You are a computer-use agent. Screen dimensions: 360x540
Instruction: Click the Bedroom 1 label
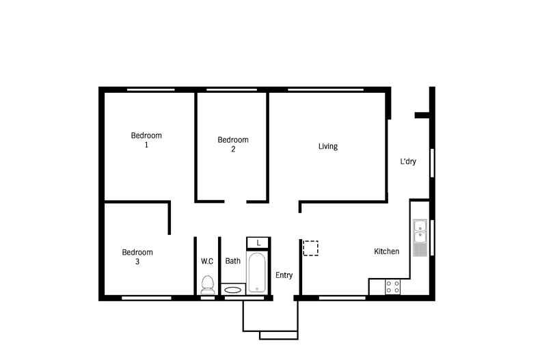[x=146, y=140]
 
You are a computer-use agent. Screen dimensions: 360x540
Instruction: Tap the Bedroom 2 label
[x=233, y=144]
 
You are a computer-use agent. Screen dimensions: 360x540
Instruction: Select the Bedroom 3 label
[x=137, y=257]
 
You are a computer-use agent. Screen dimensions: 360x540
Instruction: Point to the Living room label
[x=328, y=146]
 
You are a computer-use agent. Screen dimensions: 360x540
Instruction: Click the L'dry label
[x=409, y=162]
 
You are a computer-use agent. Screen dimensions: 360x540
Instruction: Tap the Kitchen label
[x=386, y=251]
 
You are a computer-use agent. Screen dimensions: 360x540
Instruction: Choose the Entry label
[x=284, y=275]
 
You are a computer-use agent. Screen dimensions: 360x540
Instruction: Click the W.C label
[x=207, y=260]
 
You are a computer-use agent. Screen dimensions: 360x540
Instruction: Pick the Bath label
[x=233, y=260]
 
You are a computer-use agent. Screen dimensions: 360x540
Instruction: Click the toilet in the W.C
[x=208, y=283]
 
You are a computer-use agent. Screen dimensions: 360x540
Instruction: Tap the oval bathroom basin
[x=232, y=290]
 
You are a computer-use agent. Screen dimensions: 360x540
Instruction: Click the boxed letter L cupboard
[x=258, y=243]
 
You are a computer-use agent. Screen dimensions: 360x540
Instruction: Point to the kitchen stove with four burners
[x=393, y=287]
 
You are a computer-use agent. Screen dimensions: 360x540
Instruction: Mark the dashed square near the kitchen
[x=311, y=247]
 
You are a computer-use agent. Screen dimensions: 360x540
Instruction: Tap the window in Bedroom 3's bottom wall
[x=146, y=298]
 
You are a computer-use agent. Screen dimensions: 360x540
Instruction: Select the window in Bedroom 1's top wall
[x=150, y=89]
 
